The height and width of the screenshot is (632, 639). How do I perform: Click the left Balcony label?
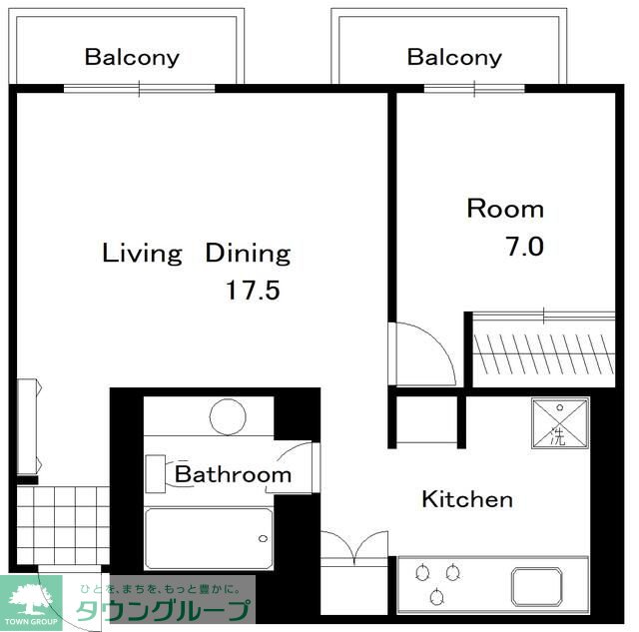(132, 58)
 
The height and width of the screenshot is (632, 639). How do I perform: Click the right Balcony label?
(454, 58)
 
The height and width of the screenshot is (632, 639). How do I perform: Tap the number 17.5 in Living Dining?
(253, 291)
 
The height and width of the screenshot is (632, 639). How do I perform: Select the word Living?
(142, 254)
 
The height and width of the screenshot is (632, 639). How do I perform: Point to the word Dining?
(248, 254)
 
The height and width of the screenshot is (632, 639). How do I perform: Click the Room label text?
(505, 209)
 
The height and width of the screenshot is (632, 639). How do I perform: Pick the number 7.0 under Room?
(524, 247)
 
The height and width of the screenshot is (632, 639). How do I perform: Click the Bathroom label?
(233, 474)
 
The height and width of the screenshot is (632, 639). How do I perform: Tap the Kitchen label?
(467, 499)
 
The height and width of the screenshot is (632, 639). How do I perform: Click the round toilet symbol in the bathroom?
(228, 417)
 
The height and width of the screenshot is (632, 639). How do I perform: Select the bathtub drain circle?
(264, 539)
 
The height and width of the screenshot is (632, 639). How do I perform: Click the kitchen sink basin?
(537, 586)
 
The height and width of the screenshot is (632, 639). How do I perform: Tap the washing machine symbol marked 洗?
(560, 423)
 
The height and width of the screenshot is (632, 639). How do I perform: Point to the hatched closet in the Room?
(543, 353)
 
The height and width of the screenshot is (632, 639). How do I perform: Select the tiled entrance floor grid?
(63, 525)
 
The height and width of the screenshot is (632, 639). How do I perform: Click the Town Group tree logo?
(31, 599)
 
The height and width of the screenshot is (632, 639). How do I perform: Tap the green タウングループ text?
(163, 610)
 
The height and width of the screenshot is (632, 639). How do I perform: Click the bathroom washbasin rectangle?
(156, 474)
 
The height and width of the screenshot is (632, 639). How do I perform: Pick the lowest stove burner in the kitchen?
(437, 596)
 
